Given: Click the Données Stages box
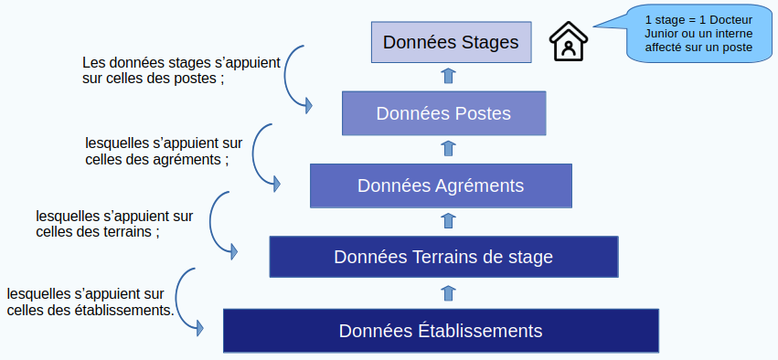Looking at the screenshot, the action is [x=451, y=42].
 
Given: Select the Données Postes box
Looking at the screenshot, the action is [x=443, y=113].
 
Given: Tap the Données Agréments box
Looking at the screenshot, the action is [x=441, y=185].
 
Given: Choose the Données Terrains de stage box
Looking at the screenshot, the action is [x=443, y=257].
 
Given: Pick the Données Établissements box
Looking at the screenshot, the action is [x=441, y=330].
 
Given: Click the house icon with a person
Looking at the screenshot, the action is [x=568, y=42].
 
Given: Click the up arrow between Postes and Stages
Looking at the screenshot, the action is [x=449, y=76].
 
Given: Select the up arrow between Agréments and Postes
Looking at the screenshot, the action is [x=449, y=148].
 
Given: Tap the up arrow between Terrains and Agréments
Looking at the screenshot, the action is [x=449, y=221].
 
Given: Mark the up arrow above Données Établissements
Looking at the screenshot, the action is [x=449, y=293].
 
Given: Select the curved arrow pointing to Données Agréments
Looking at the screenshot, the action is [x=254, y=154].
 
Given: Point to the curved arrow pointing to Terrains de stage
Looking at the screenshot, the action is [x=211, y=222].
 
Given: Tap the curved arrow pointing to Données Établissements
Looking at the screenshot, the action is [x=177, y=298].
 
